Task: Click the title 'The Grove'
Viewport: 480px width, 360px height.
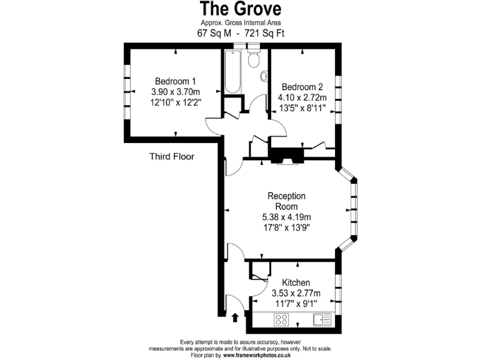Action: pyautogui.click(x=240, y=9)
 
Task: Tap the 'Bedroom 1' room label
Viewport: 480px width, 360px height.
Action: pyautogui.click(x=176, y=81)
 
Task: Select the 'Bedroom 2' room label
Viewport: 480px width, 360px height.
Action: pyautogui.click(x=302, y=87)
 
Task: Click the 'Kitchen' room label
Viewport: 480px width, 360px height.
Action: pyautogui.click(x=296, y=282)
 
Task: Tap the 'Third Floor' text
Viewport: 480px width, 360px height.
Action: pyautogui.click(x=171, y=157)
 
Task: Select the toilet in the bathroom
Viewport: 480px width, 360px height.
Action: pyautogui.click(x=253, y=59)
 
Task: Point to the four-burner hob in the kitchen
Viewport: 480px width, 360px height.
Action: pyautogui.click(x=282, y=320)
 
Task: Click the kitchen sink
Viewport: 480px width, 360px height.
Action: pyautogui.click(x=322, y=320)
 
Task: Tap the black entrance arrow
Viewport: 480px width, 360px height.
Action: pyautogui.click(x=235, y=318)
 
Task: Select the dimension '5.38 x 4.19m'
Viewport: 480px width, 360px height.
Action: pyautogui.click(x=282, y=217)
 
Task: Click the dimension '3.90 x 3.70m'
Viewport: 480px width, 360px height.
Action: pyautogui.click(x=176, y=91)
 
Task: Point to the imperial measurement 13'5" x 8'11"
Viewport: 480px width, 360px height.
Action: pyautogui.click(x=302, y=107)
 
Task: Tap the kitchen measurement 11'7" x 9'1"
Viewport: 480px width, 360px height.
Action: pyautogui.click(x=296, y=303)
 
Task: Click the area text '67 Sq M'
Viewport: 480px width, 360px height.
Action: pyautogui.click(x=216, y=33)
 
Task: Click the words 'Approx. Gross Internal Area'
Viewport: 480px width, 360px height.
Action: pyautogui.click(x=240, y=23)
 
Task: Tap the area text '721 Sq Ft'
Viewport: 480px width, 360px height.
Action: pyautogui.click(x=264, y=33)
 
